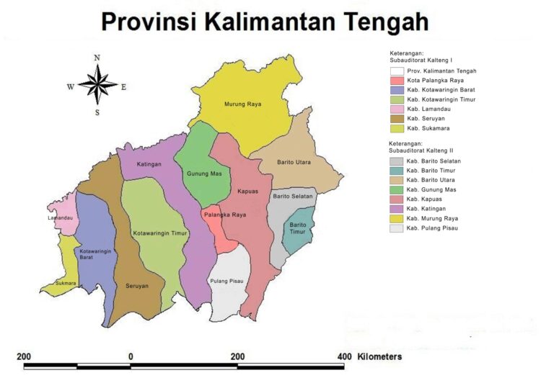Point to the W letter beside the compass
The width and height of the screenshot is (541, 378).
coord(71,87)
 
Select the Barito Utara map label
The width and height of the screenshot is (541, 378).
coord(294,163)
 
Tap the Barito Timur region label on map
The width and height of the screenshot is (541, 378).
coord(297,228)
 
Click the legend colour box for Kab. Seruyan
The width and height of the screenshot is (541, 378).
coord(396,119)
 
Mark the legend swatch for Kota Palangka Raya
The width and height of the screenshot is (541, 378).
coord(396,81)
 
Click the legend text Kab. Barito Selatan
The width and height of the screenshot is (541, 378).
coord(434,161)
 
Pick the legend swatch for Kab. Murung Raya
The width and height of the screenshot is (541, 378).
coord(396,217)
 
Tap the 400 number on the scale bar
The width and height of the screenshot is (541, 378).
coord(343,356)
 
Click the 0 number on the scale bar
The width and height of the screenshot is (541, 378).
coord(131,356)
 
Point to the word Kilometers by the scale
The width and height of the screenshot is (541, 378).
coord(379,356)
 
